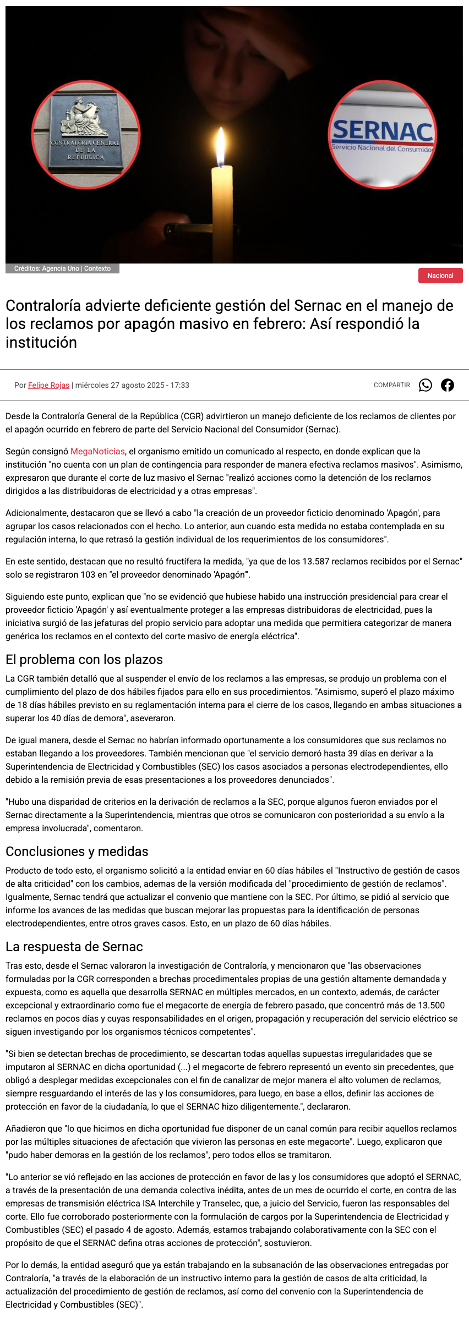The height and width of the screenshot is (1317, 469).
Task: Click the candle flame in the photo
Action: (x=221, y=147)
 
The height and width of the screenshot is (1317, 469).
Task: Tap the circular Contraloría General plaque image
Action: (x=86, y=135)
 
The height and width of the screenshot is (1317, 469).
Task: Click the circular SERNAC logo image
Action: (x=383, y=135)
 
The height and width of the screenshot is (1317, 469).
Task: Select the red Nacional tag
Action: (x=440, y=276)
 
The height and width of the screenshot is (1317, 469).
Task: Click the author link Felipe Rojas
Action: (x=48, y=385)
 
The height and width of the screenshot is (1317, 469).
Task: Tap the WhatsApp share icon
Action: (x=426, y=385)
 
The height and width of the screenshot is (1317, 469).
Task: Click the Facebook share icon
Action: (x=448, y=385)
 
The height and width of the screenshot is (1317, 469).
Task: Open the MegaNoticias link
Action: (x=97, y=452)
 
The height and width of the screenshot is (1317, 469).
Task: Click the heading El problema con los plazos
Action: (x=84, y=660)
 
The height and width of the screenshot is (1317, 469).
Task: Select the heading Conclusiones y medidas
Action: (x=77, y=852)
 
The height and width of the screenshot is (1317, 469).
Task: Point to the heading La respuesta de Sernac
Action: (x=74, y=947)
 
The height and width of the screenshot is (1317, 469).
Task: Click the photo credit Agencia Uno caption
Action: (x=62, y=268)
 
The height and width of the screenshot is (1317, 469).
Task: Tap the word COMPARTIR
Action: (x=392, y=385)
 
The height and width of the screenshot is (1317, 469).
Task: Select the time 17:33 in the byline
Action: (x=179, y=385)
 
